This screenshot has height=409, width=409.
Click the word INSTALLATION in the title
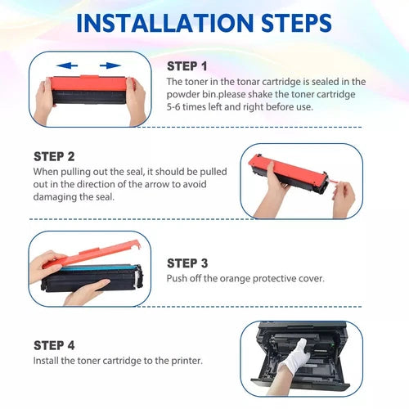pos(165,23)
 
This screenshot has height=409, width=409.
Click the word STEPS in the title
pos(296,23)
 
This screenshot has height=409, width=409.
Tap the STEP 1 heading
pos(187,66)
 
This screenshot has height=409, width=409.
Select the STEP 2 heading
pos(54,157)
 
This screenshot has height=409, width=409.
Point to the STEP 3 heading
pos(187,263)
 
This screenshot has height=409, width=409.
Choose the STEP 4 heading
pos(54,345)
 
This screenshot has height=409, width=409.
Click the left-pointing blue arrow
pos(67,65)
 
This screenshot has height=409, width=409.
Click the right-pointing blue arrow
pos(110,65)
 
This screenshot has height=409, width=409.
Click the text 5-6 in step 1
pos(173,106)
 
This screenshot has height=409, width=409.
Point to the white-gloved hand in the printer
pos(296,354)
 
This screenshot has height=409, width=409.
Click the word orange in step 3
pos(235,279)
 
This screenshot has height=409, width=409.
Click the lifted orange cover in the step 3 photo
pos(92,254)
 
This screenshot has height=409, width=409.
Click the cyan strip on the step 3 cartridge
pos(98,267)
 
